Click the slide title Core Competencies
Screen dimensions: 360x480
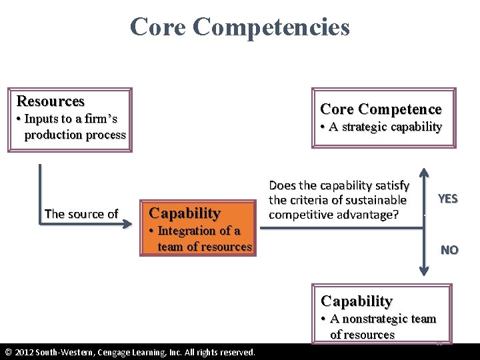239,27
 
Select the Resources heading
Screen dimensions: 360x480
51,101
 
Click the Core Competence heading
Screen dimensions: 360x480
381,109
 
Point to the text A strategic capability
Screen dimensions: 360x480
381,127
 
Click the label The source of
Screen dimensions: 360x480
81,214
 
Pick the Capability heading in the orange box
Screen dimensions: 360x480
185,213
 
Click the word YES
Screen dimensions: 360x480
447,199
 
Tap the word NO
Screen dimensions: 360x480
449,250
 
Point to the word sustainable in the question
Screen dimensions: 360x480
374,200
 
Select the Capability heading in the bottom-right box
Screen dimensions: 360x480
357,301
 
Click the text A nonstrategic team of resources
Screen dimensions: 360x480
378,327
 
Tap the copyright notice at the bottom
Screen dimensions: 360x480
130,352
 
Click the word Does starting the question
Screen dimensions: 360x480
282,185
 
